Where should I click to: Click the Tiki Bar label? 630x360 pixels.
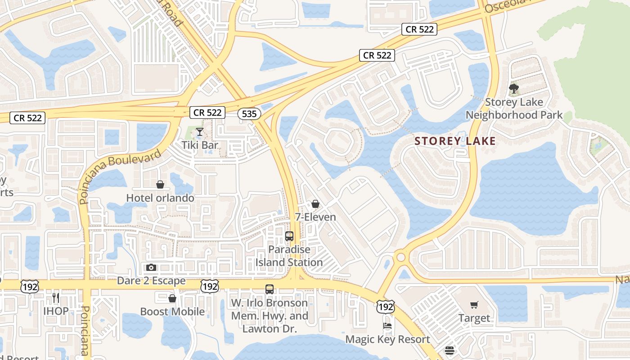point(200,145)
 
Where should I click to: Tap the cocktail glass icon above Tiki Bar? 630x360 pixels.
point(200,132)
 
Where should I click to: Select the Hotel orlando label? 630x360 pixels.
point(160,198)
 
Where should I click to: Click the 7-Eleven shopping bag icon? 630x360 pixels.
point(315,204)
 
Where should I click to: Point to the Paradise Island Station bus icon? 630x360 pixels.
point(289,236)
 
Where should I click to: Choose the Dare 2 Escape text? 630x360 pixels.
point(151,281)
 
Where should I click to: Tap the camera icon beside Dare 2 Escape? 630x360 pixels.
point(151,268)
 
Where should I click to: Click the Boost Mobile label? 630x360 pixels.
point(172,311)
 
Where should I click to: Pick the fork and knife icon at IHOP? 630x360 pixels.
point(56,298)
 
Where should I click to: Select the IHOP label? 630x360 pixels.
point(56,311)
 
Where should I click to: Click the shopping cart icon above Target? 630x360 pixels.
point(474,305)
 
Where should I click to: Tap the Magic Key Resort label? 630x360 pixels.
point(387,339)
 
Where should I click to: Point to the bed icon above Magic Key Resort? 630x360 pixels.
point(387,326)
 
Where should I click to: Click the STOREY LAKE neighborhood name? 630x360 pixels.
point(455,141)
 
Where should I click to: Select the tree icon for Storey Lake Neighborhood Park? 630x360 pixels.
point(513,89)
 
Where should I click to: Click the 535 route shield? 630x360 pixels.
point(249,114)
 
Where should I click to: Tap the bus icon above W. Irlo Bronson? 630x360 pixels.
point(270,289)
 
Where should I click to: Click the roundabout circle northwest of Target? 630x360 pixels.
point(400,257)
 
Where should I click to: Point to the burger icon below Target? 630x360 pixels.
point(449,351)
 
